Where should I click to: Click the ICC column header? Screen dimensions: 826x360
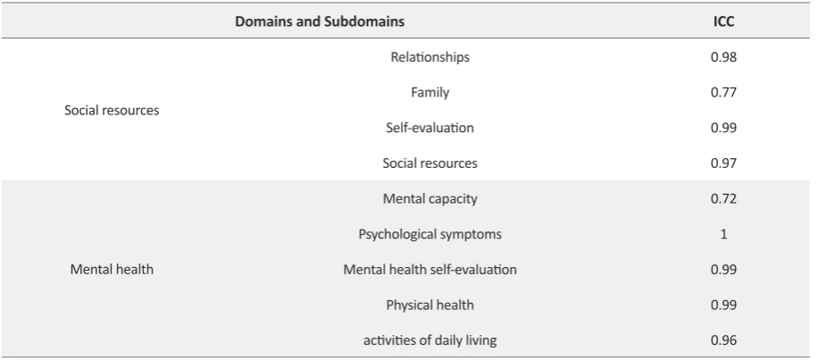723,21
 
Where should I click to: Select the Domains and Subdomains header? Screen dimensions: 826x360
320,21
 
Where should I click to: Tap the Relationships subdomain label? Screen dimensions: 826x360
430,57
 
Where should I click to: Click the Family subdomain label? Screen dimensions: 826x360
430,92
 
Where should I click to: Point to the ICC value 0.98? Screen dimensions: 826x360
723,57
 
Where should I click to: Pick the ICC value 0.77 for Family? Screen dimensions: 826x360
723,92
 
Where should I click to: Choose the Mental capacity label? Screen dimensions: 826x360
430,198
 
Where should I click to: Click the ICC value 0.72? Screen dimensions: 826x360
723,198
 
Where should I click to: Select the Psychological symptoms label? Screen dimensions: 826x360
430,234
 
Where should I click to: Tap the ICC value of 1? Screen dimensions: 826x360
723,234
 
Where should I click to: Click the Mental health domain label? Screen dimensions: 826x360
112,270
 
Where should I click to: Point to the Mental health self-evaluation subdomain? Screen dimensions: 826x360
430,270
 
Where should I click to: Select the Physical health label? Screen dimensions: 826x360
430,306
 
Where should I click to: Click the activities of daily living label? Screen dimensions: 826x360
430,340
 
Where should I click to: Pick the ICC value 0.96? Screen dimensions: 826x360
723,340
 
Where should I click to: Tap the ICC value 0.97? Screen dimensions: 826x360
723,163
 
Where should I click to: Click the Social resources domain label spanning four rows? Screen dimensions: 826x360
112,110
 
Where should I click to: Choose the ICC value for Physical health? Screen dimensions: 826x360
723,306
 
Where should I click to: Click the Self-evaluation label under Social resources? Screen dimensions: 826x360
430,128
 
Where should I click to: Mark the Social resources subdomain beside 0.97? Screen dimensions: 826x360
430,163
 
